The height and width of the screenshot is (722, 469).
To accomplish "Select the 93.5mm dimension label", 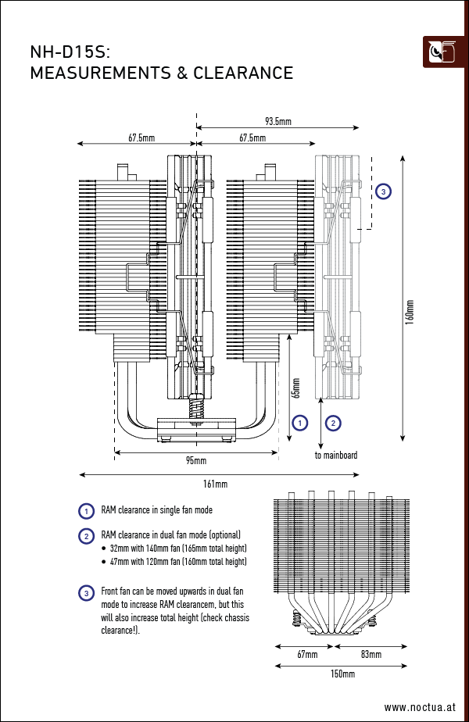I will [x=277, y=121].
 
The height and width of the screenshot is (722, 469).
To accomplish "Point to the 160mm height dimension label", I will [x=410, y=312].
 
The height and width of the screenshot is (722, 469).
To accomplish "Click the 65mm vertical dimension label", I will [x=296, y=388].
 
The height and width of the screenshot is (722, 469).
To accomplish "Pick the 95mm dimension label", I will [x=195, y=460].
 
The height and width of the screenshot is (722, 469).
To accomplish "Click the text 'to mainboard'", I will [x=336, y=455].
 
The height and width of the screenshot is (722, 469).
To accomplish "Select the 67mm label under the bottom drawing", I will [x=306, y=654].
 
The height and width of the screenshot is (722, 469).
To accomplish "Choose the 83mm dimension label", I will [x=371, y=654].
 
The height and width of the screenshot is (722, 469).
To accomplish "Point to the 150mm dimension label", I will [x=342, y=674].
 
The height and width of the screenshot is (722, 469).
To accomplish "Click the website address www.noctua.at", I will [x=419, y=707].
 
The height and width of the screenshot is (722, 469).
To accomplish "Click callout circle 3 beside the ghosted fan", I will [x=383, y=191].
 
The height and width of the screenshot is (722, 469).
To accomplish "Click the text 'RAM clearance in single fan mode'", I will [x=156, y=510].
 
